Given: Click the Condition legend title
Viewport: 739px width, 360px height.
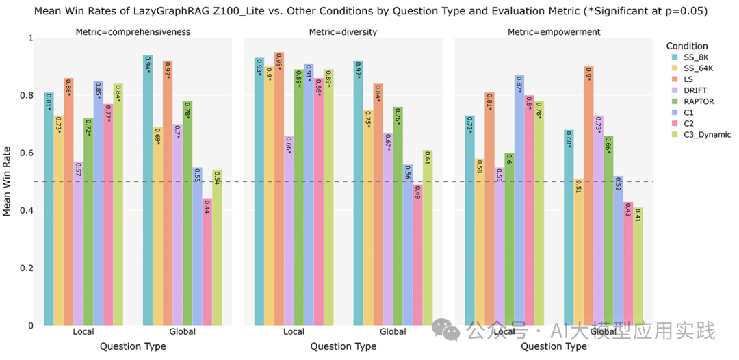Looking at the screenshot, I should click(x=687, y=44).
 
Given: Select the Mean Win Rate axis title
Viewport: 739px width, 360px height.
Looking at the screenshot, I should click(x=8, y=181).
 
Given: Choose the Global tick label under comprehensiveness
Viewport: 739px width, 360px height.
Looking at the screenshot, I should click(x=181, y=332).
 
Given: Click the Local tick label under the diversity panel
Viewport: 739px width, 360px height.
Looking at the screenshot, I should click(x=294, y=332).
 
